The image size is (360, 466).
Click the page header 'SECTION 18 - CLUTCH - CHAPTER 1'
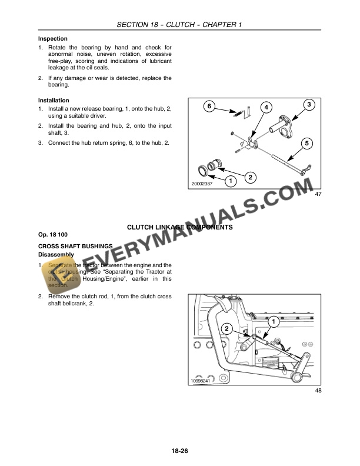click(180, 24)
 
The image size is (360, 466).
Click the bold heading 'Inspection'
click(53, 39)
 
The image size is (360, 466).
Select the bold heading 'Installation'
click(54, 101)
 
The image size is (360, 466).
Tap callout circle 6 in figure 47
click(209, 106)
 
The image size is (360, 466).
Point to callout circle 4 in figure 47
click(266, 107)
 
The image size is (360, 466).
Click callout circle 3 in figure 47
click(309, 105)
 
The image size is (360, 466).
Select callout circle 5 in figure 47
click(306, 143)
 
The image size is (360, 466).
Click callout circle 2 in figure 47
click(250, 177)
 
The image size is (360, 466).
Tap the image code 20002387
click(202, 184)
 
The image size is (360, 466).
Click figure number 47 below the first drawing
click(318, 194)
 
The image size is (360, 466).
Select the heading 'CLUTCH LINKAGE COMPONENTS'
click(180, 227)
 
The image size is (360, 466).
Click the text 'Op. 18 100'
click(53, 235)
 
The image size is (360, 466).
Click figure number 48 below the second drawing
click(318, 391)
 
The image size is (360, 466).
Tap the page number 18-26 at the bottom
click(179, 451)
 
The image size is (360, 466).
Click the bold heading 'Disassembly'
click(56, 254)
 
